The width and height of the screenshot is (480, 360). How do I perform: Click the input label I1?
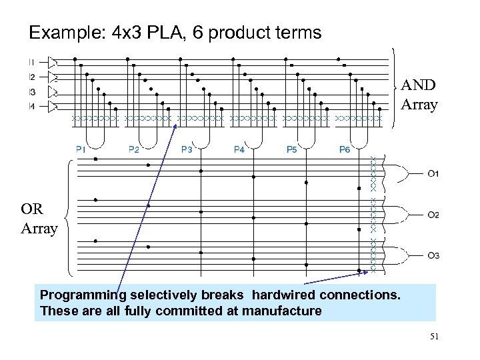32,62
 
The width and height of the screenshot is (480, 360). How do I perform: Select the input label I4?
32,106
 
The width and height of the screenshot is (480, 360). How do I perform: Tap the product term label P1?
81,150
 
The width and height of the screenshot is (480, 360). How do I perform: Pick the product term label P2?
133,150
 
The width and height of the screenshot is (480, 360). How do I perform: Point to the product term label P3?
187,150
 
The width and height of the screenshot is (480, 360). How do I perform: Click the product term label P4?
239,150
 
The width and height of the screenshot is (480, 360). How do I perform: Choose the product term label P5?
291,150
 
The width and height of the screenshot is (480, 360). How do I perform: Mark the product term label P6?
344,150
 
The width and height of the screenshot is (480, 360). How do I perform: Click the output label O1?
433,175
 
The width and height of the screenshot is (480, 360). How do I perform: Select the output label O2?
433,215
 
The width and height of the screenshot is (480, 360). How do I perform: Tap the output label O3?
433,256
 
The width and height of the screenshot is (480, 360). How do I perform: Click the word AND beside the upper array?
419,85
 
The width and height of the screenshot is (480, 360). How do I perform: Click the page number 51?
434,337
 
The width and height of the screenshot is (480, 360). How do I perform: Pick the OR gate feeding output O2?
399,214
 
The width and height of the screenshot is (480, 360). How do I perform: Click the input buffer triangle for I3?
52,91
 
